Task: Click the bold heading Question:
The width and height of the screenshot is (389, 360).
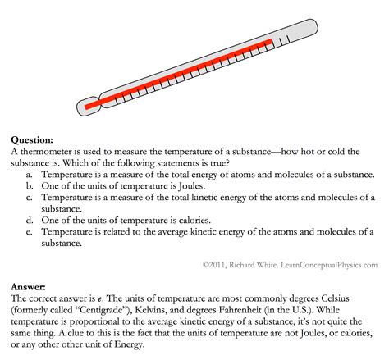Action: coord(34,140)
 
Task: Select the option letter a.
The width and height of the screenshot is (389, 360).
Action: coord(30,175)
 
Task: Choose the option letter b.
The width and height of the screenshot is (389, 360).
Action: coord(30,186)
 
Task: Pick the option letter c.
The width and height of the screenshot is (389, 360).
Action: coord(30,198)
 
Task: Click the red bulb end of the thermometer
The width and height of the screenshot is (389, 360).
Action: coord(89,104)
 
